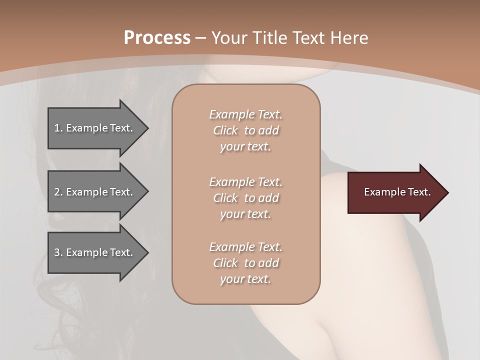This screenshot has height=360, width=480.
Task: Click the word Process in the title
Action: coord(157,38)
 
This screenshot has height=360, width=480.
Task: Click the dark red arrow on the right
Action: coord(395,192)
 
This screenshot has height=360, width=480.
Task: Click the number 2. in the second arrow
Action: coord(58,192)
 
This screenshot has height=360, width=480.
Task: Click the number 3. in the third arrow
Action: coord(58,252)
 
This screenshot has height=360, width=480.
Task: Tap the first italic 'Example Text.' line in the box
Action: coord(245,114)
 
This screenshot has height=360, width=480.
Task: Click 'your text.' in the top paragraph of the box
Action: coord(245,147)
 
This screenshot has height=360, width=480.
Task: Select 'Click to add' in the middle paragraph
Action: coord(245,198)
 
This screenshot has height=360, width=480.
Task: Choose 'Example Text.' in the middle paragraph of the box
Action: coord(245,182)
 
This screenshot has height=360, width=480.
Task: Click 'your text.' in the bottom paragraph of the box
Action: coord(245,279)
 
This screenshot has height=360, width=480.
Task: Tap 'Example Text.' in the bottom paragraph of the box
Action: coord(245,247)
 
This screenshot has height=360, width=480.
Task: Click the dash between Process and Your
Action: coord(201,38)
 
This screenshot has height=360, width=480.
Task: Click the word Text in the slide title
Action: coord(308,38)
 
